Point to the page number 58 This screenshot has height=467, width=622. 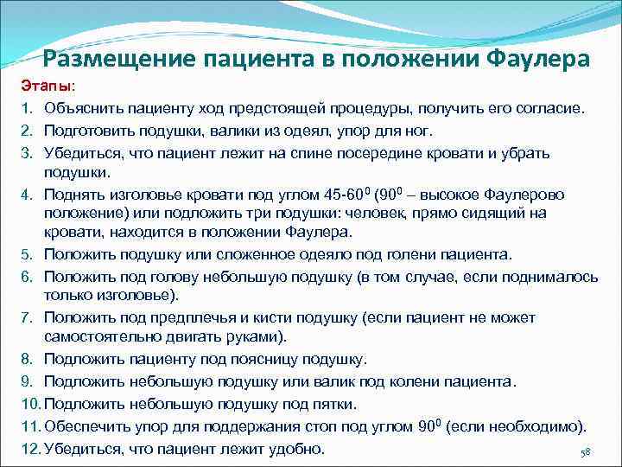pyautogui.click(x=585, y=454)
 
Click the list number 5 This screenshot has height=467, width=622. pyautogui.click(x=27, y=254)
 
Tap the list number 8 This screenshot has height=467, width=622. pyautogui.click(x=27, y=359)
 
